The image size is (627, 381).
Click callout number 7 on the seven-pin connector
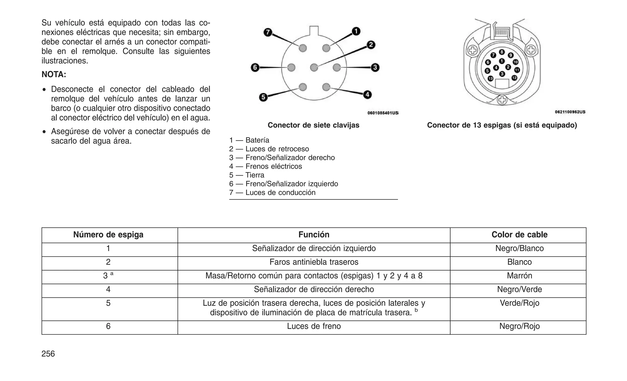[x=268, y=32]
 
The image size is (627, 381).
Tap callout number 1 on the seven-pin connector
[x=356, y=31]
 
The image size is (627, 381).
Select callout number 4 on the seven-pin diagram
[x=367, y=95]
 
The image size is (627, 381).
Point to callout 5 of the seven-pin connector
[x=263, y=97]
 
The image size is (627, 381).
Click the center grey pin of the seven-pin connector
[x=314, y=67]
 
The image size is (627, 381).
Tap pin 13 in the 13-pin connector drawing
[x=490, y=78]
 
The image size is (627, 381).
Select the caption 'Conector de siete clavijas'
[x=313, y=125]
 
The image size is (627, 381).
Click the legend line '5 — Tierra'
[x=246, y=175]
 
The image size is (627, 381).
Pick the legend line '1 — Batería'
[x=249, y=140]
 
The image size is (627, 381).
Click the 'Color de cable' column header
[x=519, y=235]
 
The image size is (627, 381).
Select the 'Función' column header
[x=314, y=235]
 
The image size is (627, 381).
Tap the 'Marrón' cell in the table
[x=519, y=276]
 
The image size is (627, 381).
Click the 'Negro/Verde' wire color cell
[x=519, y=289]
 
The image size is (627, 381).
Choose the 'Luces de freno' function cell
[x=314, y=326]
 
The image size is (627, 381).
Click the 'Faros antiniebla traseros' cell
[x=314, y=262]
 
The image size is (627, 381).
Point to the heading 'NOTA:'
[x=54, y=74]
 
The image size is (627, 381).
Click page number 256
[x=48, y=354]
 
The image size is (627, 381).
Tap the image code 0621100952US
[x=570, y=112]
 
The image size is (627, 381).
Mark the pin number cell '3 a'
[x=108, y=276]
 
